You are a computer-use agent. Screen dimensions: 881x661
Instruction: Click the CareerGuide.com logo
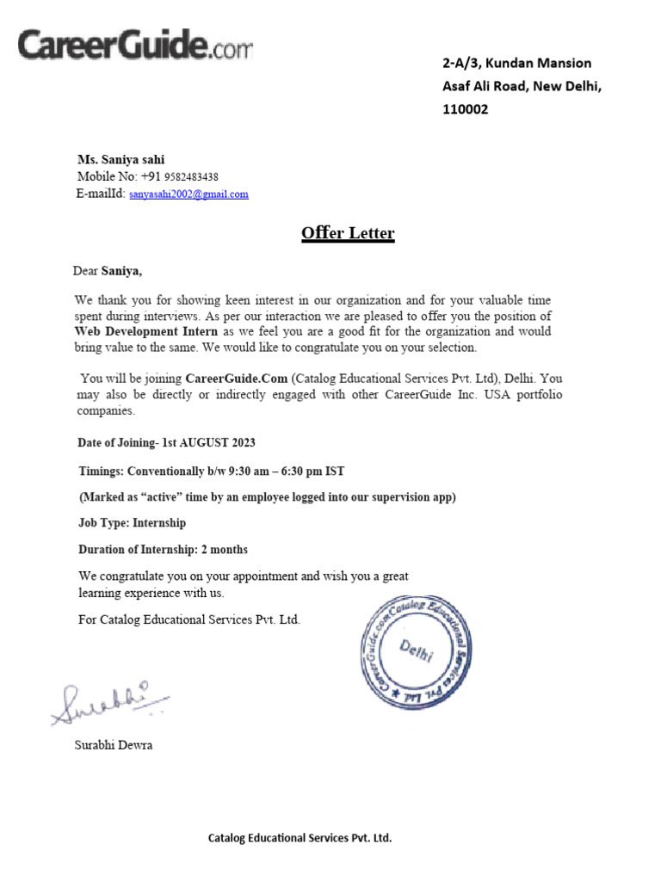point(135,46)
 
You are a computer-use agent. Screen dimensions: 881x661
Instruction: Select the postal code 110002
point(465,109)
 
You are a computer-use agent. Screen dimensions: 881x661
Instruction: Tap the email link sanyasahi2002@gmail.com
point(188,194)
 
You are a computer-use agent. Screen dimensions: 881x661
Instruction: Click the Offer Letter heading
point(348,233)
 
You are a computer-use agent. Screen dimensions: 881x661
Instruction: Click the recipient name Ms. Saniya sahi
point(120,159)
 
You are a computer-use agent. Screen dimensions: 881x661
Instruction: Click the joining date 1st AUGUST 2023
point(208,442)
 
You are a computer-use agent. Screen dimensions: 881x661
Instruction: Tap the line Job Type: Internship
point(132,522)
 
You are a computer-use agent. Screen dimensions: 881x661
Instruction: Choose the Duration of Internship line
point(163,549)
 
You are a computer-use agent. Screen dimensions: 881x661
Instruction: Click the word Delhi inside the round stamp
point(417,651)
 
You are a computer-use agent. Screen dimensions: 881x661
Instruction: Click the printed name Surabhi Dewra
point(113,745)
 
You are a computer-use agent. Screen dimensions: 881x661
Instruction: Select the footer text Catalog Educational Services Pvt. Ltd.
point(300,837)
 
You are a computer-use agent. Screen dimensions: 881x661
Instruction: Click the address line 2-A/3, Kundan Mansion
point(516,63)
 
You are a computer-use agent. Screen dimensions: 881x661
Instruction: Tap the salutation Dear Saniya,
point(108,271)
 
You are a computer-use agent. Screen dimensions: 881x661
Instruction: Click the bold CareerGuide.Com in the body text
point(236,379)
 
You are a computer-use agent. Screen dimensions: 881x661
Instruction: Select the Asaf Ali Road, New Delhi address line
point(522,86)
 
